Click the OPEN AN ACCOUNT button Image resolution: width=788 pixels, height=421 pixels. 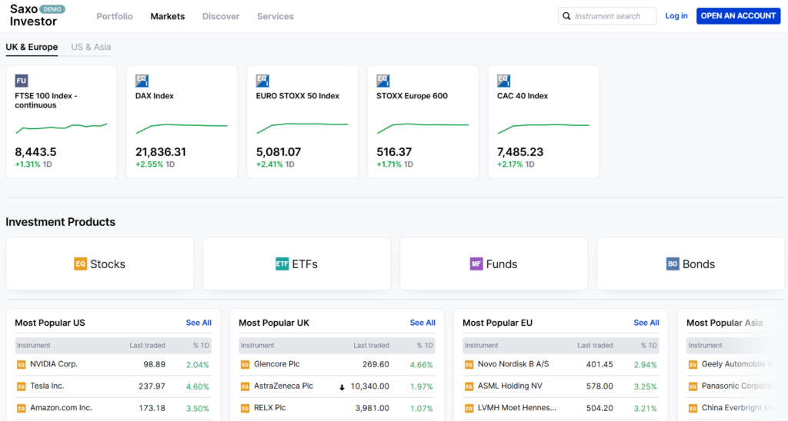pos(738,16)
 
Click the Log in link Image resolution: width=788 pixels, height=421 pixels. pos(676,16)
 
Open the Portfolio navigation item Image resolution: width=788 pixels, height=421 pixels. pos(115,16)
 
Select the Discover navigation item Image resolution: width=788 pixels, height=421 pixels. pos(221,16)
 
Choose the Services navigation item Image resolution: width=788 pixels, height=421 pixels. pos(275,16)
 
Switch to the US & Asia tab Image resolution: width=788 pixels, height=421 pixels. pos(91,47)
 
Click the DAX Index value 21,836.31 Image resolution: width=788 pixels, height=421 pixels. pos(161,152)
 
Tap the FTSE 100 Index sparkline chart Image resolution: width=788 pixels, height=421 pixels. pos(61,125)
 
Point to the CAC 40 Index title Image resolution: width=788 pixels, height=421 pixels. pos(523,96)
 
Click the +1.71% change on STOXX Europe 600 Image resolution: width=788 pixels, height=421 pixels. pos(389,164)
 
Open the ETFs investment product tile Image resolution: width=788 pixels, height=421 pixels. pos(296,264)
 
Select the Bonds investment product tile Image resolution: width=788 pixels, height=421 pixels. pos(690,264)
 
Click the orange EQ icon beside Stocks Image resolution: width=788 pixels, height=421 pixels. pos(81,264)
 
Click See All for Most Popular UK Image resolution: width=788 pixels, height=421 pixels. pos(422,323)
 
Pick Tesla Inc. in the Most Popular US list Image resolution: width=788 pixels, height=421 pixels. pos(47,386)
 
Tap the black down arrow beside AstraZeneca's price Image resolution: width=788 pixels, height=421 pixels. pos(342,387)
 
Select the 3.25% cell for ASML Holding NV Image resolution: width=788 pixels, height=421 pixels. pos(644,386)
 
